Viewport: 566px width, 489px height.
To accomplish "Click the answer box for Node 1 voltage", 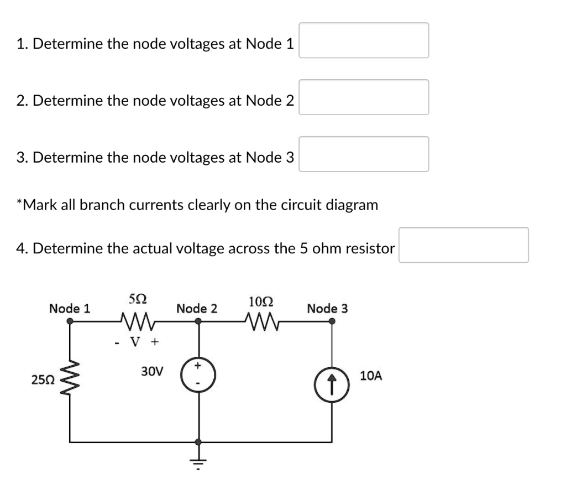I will click(364, 40).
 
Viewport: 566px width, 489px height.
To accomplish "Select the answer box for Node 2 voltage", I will click(364, 97).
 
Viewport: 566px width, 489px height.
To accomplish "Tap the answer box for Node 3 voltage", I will click(364, 154).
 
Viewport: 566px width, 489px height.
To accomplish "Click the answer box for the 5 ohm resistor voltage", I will click(464, 245).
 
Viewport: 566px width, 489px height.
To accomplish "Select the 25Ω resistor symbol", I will click(70, 379).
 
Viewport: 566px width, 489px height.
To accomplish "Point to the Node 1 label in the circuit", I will click(70, 308).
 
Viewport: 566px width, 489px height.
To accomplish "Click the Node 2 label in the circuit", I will click(196, 308).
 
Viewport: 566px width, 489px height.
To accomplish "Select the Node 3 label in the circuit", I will click(327, 308).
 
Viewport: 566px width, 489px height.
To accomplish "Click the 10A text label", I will click(370, 376).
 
